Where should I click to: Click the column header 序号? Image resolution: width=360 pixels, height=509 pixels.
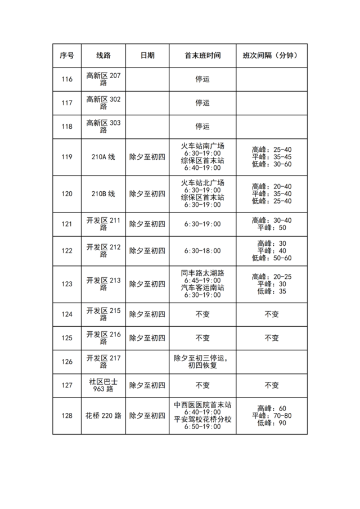click(66, 56)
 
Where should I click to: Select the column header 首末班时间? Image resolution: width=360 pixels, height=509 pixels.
click(202, 56)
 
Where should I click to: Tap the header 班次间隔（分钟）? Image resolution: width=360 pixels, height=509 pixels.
click(271, 56)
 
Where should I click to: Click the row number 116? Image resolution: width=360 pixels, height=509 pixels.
click(66, 79)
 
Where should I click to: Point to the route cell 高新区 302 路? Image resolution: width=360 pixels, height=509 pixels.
click(103, 103)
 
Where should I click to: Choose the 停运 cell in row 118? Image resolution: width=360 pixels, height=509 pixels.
click(202, 127)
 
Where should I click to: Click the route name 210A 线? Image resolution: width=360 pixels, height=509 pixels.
click(103, 157)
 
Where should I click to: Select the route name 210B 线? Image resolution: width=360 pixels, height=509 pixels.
click(103, 194)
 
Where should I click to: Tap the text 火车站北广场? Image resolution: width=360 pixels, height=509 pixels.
click(202, 183)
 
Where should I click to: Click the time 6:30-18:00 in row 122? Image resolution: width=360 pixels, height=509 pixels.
click(202, 251)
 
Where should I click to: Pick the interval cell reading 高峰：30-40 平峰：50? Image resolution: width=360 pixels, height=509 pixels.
click(271, 224)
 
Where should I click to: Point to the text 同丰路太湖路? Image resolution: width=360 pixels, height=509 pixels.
click(202, 273)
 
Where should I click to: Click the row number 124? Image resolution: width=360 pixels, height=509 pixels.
click(66, 314)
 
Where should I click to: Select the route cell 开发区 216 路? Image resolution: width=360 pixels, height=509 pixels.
click(103, 338)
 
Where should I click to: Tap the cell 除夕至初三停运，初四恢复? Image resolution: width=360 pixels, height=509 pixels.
click(202, 362)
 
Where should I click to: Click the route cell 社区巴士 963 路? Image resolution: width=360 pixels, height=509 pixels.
click(103, 385)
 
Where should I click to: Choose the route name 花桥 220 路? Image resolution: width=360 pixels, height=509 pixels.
click(103, 416)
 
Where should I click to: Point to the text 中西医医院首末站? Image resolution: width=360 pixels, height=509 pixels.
click(202, 404)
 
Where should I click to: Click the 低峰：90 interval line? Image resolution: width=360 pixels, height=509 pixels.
click(272, 423)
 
